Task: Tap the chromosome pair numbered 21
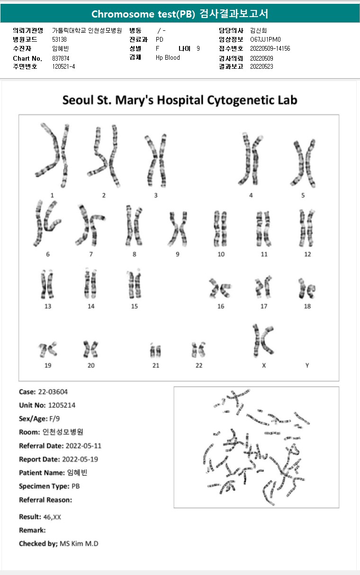[x=155, y=351]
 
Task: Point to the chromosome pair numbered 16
[x=220, y=288]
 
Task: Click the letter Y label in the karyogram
[x=307, y=365]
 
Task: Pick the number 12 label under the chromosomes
[x=307, y=255]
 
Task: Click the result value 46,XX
[x=51, y=517]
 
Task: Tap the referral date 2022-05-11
[x=83, y=446]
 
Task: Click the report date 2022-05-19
[x=80, y=459]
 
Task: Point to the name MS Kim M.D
[x=79, y=544]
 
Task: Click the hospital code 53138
[x=59, y=39]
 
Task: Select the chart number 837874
[x=61, y=58]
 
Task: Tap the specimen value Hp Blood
[x=168, y=57]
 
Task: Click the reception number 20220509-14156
[x=270, y=48]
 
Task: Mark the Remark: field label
[x=32, y=530]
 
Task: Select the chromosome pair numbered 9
[x=178, y=228]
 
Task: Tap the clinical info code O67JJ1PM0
[x=266, y=39]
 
